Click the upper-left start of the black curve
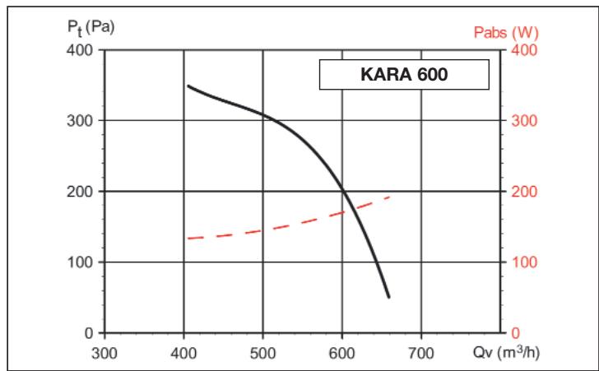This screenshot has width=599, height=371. pyautogui.click(x=188, y=86)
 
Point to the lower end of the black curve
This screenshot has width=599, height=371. pyautogui.click(x=388, y=296)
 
